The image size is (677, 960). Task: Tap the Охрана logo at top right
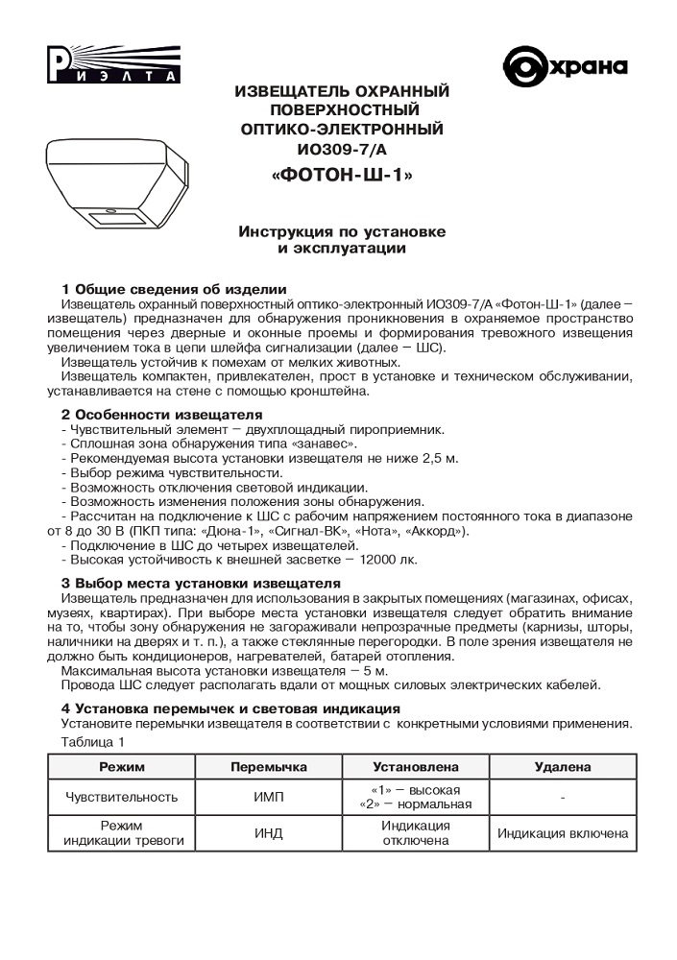[566, 66]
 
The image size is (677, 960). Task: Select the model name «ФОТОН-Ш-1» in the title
[343, 176]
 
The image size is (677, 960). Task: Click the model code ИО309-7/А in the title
[343, 150]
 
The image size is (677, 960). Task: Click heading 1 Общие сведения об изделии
[174, 289]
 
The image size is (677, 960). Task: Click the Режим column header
[121, 767]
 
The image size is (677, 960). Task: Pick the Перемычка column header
[269, 767]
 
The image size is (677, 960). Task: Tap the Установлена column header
[416, 767]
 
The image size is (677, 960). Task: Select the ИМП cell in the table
[269, 797]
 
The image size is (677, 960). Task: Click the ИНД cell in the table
[269, 832]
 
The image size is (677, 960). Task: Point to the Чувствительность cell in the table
[121, 797]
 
